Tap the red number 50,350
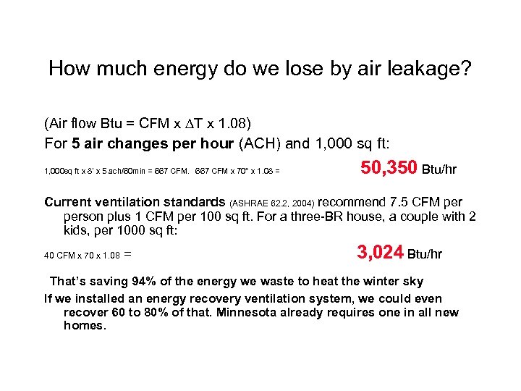pos(389,169)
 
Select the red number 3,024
pos(380,253)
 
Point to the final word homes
pos(85,326)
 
